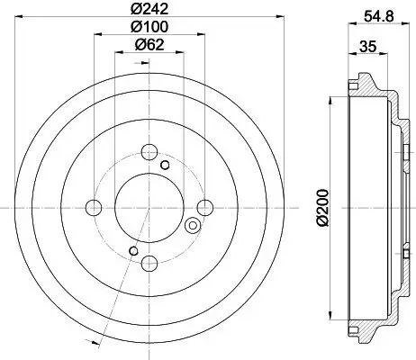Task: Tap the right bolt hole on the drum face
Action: (205, 208)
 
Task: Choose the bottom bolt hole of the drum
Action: (149, 263)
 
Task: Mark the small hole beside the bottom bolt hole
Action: (134, 249)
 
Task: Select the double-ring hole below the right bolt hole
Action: (192, 225)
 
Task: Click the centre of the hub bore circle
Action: (149, 207)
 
